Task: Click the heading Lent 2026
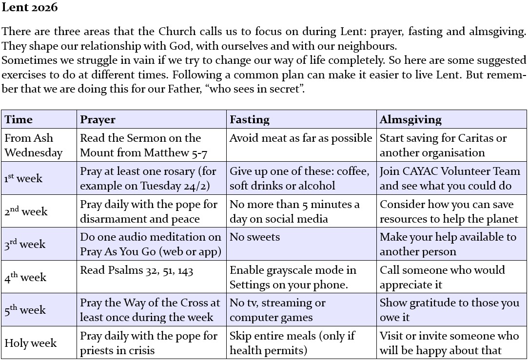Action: click(30, 7)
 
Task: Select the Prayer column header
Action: click(98, 119)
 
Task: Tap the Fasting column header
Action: click(249, 119)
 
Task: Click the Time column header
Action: click(19, 119)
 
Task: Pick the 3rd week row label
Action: click(26, 244)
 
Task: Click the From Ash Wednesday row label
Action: click(34, 145)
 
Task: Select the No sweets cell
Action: click(254, 237)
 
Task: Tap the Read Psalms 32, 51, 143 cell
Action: click(137, 270)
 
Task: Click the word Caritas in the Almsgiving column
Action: click(463, 138)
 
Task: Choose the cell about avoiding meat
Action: click(301, 138)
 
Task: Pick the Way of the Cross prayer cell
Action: click(150, 310)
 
